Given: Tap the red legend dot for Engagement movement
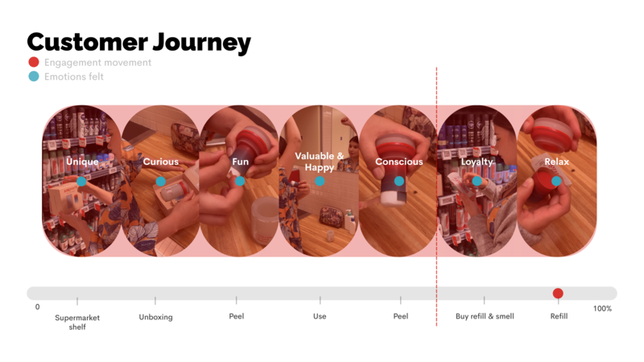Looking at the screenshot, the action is tap(34, 62).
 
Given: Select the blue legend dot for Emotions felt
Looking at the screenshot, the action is tap(34, 76).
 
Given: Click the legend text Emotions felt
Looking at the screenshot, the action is tap(74, 76).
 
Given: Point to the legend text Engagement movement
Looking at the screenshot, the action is tap(97, 63).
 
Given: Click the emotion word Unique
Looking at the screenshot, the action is tap(82, 162).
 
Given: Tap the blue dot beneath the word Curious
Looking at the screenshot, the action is tap(160, 181).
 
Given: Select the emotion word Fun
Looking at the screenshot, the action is tap(240, 162).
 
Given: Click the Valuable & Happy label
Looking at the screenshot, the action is tap(319, 162).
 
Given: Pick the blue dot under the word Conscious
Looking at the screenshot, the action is tap(398, 181).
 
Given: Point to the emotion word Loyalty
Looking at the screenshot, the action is tap(477, 162).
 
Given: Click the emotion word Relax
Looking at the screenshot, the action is tap(556, 162).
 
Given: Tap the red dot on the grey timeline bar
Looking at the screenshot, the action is tap(558, 294).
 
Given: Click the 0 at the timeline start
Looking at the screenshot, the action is tap(37, 307).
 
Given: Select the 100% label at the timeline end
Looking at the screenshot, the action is tap(602, 309).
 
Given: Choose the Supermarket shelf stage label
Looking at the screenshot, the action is tap(77, 323).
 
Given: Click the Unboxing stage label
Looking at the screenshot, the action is tap(155, 317).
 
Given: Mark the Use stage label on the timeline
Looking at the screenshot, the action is tap(320, 316).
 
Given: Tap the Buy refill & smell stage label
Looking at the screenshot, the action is tap(485, 316).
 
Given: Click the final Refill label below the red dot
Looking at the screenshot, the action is tap(559, 316).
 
